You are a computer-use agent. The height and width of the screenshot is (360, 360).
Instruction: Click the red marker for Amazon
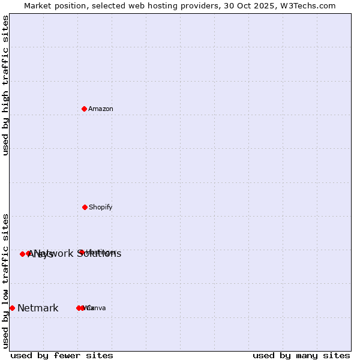coord(85,109)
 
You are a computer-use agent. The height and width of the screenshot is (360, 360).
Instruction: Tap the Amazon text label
coord(101,109)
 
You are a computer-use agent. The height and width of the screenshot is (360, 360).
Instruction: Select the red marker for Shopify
coord(85,207)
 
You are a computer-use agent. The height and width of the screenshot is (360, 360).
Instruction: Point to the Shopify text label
coord(101,208)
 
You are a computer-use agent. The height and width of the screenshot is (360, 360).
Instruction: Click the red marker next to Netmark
coord(12,308)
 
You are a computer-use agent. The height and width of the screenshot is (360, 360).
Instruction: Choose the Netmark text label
coord(38,308)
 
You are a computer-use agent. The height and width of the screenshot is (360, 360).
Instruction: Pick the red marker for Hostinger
coord(81,252)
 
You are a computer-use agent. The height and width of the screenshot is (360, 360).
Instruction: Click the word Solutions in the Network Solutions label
coord(99,254)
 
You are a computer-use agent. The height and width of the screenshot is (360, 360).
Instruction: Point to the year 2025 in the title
coord(267,5)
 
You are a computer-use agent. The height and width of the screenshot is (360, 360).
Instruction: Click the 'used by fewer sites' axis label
coord(62,355)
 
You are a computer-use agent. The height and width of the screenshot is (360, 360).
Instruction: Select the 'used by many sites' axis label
coord(301,355)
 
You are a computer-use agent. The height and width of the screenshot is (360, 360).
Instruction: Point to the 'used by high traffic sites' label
coord(5,85)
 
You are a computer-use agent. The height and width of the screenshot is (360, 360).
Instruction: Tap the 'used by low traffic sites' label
coord(5,281)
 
